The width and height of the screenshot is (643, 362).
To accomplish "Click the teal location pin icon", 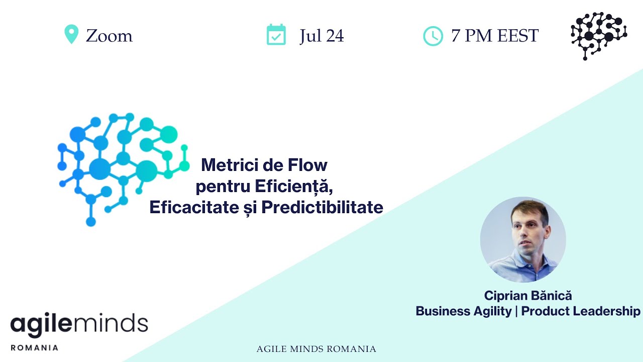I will [x=71, y=34].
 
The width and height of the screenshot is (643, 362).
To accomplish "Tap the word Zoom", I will [x=109, y=36].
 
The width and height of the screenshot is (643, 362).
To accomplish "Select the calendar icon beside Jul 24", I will [x=276, y=35].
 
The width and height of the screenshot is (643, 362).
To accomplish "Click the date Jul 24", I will [x=321, y=36].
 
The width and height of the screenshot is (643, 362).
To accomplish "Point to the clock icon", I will [x=433, y=36].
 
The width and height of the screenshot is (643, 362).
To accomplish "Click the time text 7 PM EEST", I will [x=495, y=36].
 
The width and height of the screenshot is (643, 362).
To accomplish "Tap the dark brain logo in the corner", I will [x=598, y=36].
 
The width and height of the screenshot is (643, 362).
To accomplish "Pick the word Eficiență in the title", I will [x=294, y=186].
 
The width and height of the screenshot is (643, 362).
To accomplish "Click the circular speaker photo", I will [x=523, y=240].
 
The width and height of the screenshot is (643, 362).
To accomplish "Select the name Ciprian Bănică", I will [x=528, y=296].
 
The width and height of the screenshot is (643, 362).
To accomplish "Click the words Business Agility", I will [x=463, y=311].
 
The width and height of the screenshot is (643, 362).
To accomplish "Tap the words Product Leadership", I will [x=581, y=311].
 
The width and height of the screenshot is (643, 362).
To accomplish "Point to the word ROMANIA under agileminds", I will [x=34, y=347].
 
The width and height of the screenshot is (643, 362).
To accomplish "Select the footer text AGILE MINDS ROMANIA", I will [x=316, y=349].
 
